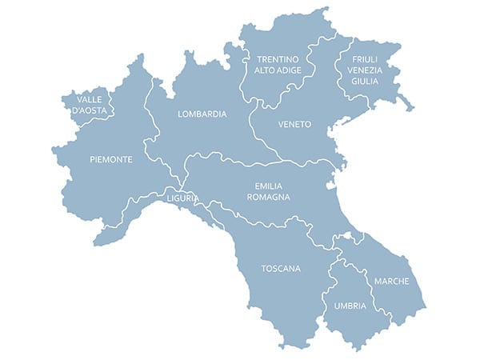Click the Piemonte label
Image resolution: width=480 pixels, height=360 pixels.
[x=111, y=159]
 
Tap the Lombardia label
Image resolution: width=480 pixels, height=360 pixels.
[x=202, y=114]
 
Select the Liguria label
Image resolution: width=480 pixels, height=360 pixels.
[x=182, y=197]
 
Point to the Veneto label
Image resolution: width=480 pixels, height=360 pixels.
[x=294, y=125]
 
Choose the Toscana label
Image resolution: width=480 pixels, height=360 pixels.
[x=281, y=269]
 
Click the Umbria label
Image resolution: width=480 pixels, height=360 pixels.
[x=350, y=306]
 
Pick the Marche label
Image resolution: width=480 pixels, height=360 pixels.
[x=391, y=282]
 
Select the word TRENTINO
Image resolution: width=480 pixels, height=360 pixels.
[x=277, y=59]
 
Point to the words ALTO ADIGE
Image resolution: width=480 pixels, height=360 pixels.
[x=277, y=70]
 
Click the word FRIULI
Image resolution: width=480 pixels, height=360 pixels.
[x=365, y=58]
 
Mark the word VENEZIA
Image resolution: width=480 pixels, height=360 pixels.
[x=365, y=70]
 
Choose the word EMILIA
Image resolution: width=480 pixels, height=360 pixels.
[x=267, y=186]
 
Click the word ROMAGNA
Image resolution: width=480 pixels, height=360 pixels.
[x=268, y=197]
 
